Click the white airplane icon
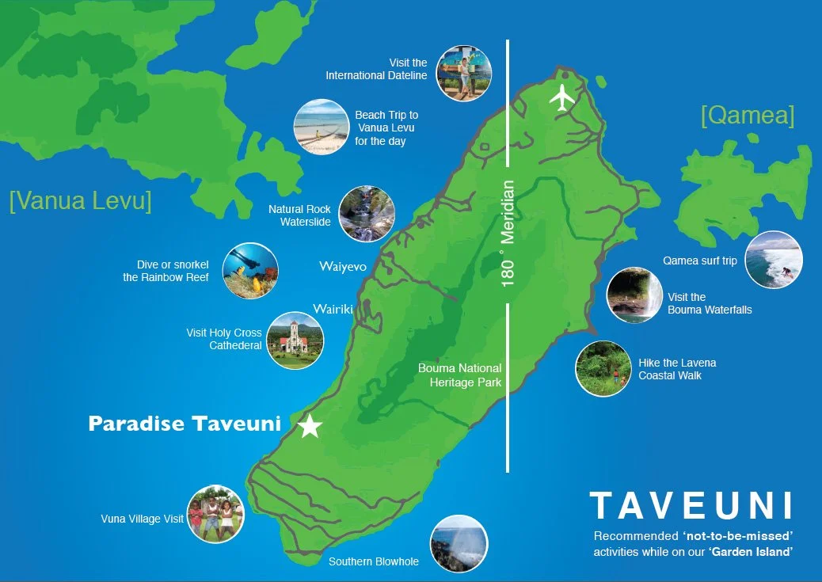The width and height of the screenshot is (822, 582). pyautogui.click(x=562, y=97)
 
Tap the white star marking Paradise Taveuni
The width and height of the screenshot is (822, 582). pyautogui.click(x=310, y=427)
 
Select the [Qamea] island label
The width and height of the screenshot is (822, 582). pyautogui.click(x=747, y=116)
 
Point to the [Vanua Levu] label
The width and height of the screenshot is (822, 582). pyautogui.click(x=80, y=200)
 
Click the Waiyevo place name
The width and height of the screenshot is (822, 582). pyautogui.click(x=343, y=266)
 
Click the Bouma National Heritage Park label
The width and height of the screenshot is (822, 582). pyautogui.click(x=459, y=375)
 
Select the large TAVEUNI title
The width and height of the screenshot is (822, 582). pyautogui.click(x=691, y=505)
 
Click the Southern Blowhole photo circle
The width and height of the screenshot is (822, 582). pyautogui.click(x=459, y=543)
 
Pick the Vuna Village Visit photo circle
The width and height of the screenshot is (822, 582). pyautogui.click(x=215, y=514)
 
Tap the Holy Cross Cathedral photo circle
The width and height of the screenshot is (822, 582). pyautogui.click(x=295, y=340)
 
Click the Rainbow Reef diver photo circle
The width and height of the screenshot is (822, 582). pyautogui.click(x=250, y=271)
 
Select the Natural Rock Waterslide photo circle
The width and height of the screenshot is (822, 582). pyautogui.click(x=367, y=214)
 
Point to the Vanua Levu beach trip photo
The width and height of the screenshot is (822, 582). pyautogui.click(x=322, y=127)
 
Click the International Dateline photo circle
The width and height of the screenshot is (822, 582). pyautogui.click(x=463, y=74)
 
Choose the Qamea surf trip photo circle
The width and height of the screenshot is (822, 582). pyautogui.click(x=774, y=260)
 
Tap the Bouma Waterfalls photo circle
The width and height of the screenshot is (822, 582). pyautogui.click(x=634, y=295)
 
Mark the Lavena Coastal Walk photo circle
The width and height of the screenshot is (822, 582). pyautogui.click(x=603, y=368)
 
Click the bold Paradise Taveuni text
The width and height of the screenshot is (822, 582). pyautogui.click(x=185, y=424)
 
